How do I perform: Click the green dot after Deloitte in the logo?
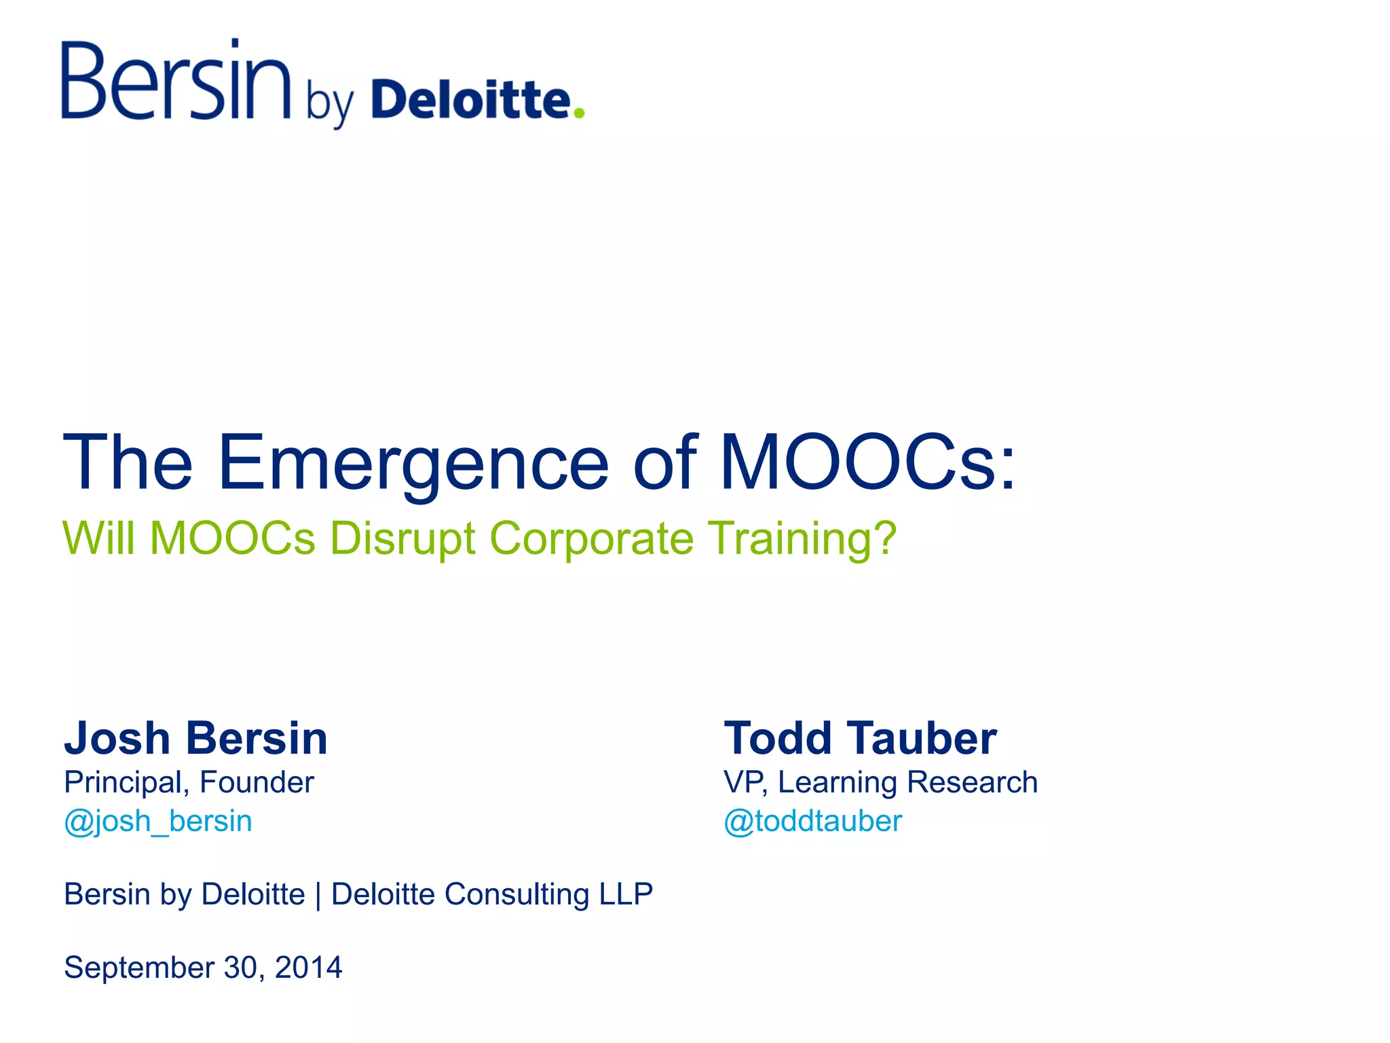(x=578, y=113)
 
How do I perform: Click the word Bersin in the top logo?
(x=176, y=81)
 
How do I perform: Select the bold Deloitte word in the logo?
(x=472, y=100)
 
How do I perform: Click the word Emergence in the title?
(x=413, y=464)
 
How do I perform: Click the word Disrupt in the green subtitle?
(x=402, y=538)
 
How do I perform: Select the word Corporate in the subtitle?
(x=591, y=538)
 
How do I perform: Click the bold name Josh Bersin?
(x=195, y=738)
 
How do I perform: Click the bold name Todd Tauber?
(x=860, y=738)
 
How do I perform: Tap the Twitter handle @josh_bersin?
(x=158, y=821)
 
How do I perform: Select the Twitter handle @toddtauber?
(x=812, y=821)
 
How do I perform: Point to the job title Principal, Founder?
(x=189, y=782)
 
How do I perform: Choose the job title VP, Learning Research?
(x=880, y=782)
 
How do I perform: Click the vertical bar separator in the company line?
(x=318, y=895)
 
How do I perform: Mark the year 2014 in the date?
(x=308, y=968)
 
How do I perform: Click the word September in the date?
(x=139, y=968)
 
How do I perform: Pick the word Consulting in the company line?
(x=516, y=895)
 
